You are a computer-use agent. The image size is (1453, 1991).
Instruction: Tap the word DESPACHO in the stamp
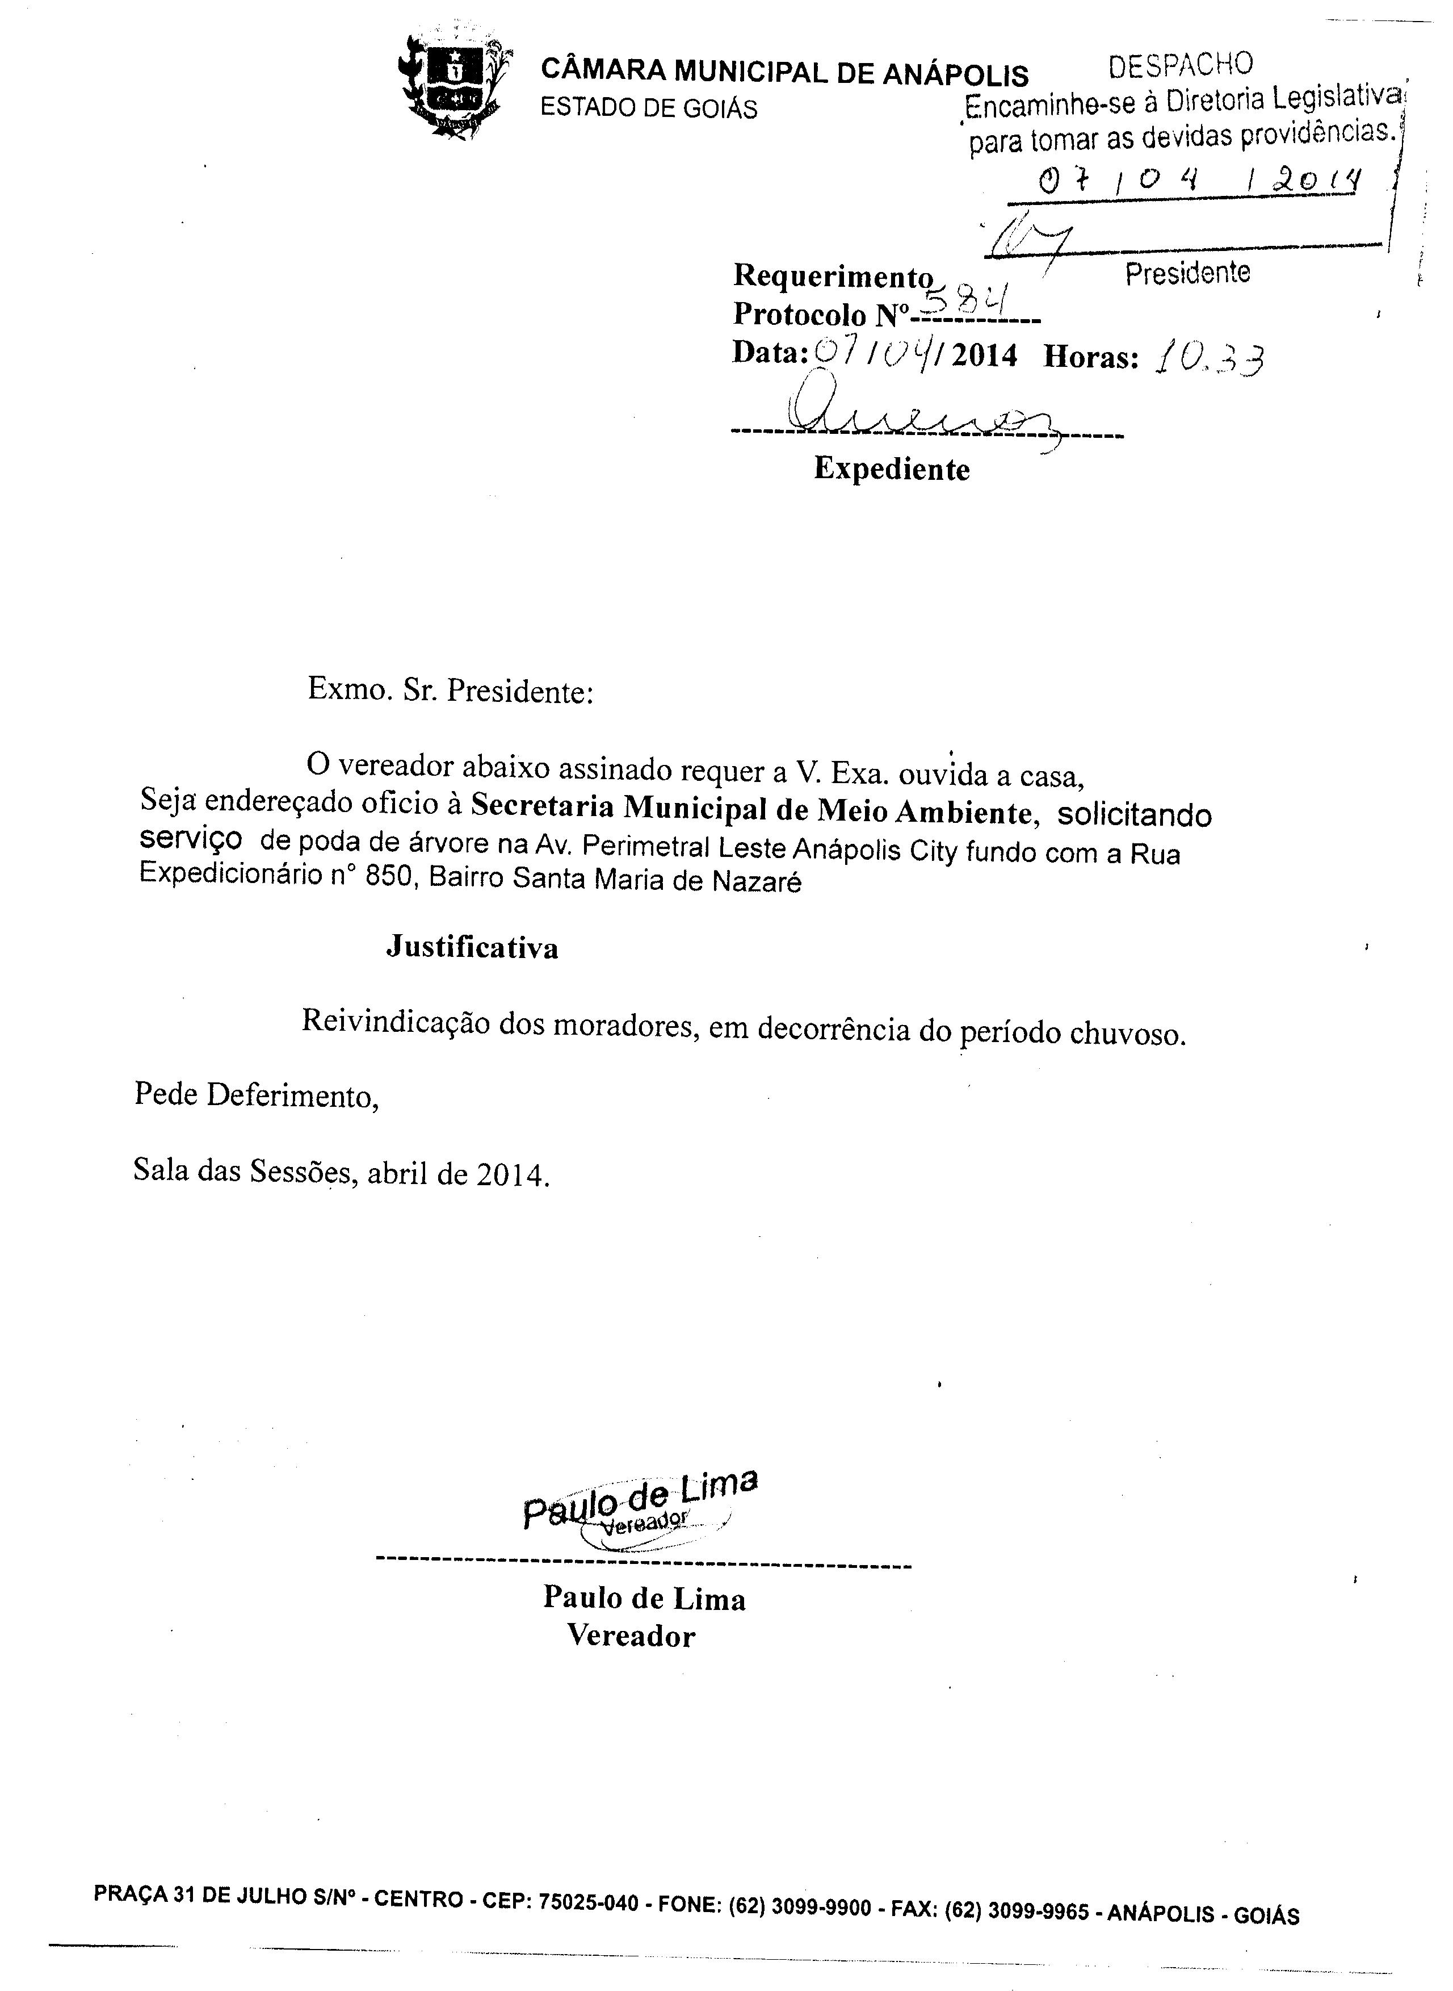1181,65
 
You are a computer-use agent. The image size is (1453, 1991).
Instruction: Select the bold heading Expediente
891,469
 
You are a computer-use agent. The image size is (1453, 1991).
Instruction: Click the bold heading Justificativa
472,948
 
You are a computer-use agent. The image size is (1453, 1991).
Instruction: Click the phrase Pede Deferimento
257,1095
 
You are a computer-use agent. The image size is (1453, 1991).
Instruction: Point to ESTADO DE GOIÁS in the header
648,108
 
